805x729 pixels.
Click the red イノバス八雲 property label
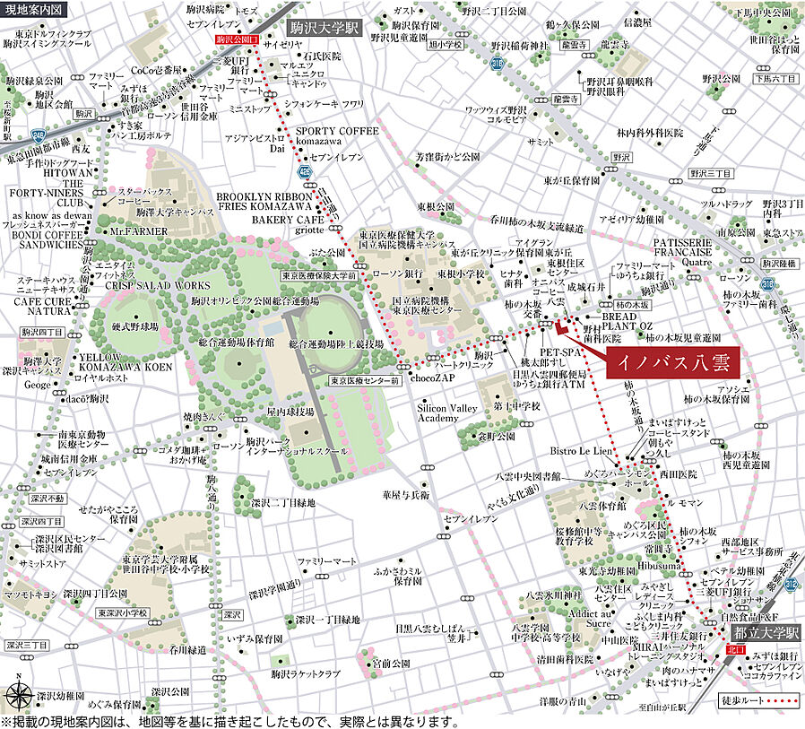pos(673,364)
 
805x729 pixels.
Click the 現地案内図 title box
pos(34,9)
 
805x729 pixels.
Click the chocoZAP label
pos(434,379)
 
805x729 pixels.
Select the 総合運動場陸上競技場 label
pos(336,344)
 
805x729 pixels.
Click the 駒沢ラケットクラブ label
pos(305,673)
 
